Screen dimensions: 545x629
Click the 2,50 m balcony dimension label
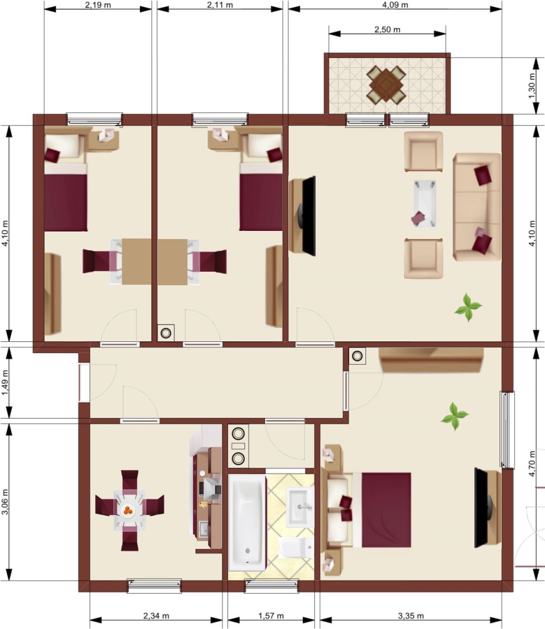[x=387, y=30]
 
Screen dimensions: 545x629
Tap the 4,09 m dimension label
[x=395, y=5]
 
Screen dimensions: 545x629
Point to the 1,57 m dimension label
[x=271, y=616]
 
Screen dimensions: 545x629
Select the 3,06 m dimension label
[x=5, y=502]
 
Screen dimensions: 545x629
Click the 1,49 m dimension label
[x=5, y=382]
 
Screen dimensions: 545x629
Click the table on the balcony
[x=386, y=84]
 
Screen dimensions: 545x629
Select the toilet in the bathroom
[x=296, y=548]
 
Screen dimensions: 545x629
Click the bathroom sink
[x=300, y=507]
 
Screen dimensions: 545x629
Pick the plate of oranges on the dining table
[x=128, y=511]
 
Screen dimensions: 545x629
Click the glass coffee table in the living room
[x=425, y=204]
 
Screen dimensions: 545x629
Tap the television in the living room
[x=308, y=216]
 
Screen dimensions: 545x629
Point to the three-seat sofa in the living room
[x=477, y=207]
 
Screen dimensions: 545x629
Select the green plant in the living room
[x=468, y=307]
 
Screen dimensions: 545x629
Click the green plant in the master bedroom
[x=455, y=416]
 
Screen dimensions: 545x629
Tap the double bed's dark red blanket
[x=386, y=510]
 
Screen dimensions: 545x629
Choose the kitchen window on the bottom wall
[x=154, y=586]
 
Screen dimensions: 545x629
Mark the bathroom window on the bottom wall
[x=272, y=586]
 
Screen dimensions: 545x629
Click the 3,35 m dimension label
[x=411, y=616]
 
